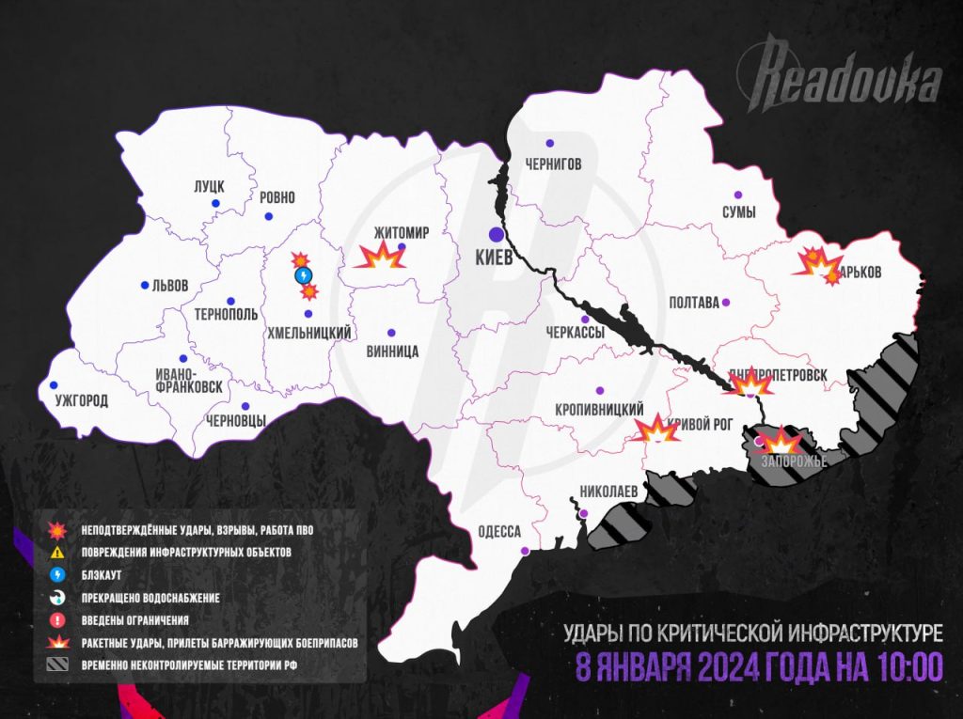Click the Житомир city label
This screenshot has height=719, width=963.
pos(401,231)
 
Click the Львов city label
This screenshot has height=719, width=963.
pos(170,285)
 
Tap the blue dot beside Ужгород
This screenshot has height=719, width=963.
pos(54,384)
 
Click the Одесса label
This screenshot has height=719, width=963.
pos(498,531)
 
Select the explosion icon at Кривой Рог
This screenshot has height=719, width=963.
pos(655,430)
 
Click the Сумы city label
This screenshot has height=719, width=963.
pos(738,212)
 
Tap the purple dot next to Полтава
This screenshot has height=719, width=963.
pos(725,302)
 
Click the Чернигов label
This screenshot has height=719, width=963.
pos(553,164)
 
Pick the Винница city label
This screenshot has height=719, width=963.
pos(392,351)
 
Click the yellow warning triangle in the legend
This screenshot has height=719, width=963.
pos(57,551)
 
